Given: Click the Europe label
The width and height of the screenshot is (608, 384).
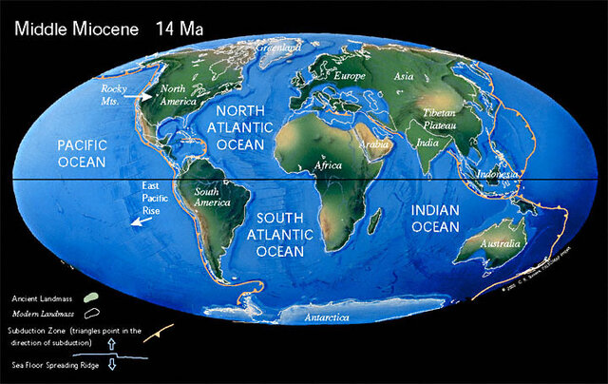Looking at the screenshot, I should coord(351,74).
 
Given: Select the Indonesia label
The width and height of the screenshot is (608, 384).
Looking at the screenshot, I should coord(497,175).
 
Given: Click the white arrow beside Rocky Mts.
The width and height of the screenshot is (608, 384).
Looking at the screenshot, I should coord(144,96).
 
